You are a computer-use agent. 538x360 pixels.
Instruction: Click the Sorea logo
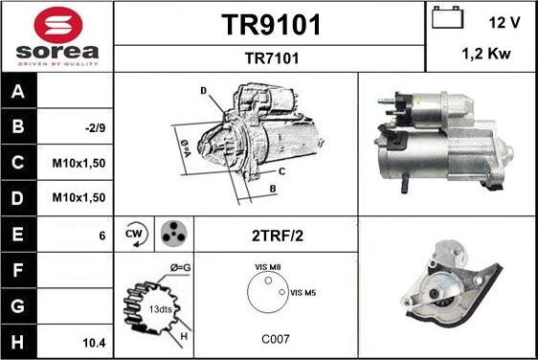(x=56, y=35)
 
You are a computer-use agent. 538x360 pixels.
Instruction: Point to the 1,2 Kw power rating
(x=485, y=55)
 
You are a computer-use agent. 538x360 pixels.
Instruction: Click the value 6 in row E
(x=101, y=235)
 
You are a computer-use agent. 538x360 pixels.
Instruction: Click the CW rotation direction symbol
(x=134, y=234)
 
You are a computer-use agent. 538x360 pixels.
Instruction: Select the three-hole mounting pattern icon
(x=172, y=234)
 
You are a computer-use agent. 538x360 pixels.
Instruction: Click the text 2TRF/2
(x=276, y=234)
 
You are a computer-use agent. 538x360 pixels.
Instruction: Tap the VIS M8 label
(x=268, y=266)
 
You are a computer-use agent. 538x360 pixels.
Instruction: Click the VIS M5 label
(x=303, y=292)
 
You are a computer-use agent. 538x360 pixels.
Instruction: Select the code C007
(x=275, y=339)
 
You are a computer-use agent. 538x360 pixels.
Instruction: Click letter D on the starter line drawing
(x=204, y=91)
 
